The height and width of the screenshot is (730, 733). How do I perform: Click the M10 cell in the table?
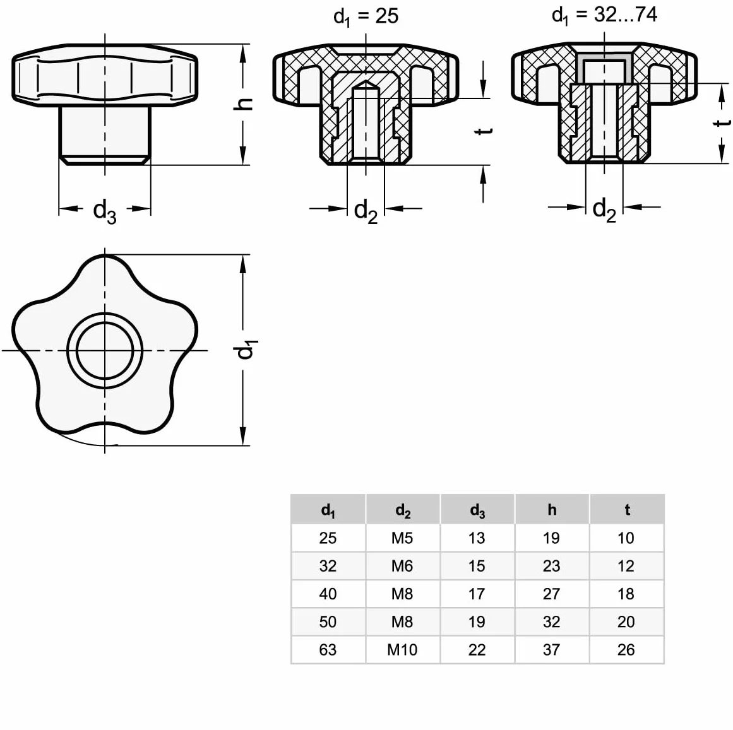tap(402, 650)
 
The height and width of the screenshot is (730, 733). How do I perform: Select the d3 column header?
tap(477, 510)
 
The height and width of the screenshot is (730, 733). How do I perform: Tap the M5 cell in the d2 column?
tap(402, 538)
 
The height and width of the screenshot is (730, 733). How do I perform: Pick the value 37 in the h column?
tap(552, 650)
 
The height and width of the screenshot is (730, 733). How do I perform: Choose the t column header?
tap(627, 510)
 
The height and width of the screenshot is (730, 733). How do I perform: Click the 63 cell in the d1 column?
tap(328, 650)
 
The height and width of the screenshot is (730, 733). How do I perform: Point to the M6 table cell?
tap(402, 566)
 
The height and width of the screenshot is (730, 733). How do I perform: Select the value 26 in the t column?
tap(626, 650)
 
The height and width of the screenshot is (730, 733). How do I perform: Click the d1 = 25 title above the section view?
tap(366, 17)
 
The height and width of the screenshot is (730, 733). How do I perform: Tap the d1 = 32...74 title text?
tap(604, 15)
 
